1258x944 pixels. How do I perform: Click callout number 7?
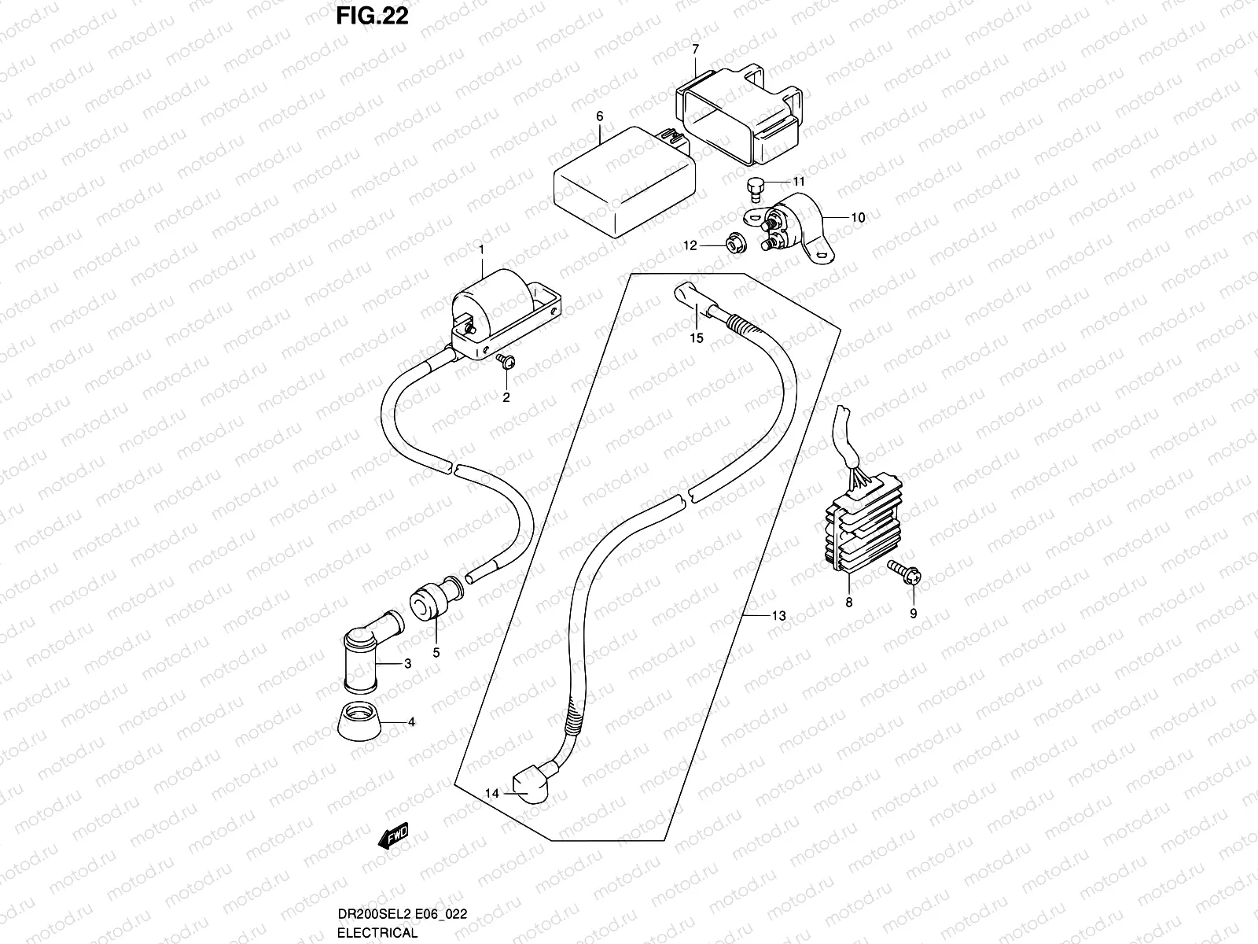[695, 49]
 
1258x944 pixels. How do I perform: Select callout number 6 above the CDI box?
[599, 116]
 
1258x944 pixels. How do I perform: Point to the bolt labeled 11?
[755, 186]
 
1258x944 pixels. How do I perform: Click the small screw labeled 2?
[505, 361]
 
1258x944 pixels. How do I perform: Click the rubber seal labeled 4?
[359, 719]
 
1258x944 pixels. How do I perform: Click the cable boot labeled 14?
[528, 787]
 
